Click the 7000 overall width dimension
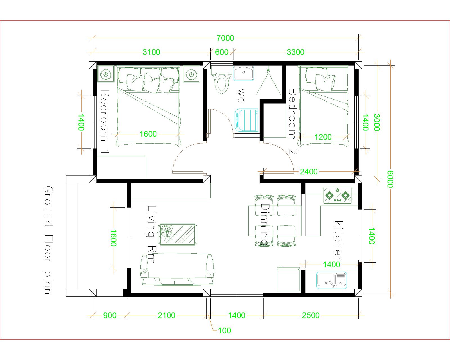click(225, 38)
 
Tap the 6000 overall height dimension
click(390, 179)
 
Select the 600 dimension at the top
click(222, 52)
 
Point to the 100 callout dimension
click(224, 330)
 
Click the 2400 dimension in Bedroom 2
click(309, 172)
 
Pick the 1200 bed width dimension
click(323, 137)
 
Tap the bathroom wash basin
click(244, 73)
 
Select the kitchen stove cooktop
click(337, 195)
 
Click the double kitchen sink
click(332, 280)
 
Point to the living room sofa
click(177, 269)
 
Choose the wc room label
click(241, 96)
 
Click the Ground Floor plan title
click(48, 240)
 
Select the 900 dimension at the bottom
click(110, 315)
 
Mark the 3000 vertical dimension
click(376, 122)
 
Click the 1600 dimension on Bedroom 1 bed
click(148, 134)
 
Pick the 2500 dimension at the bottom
click(310, 315)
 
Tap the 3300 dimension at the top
click(295, 52)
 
